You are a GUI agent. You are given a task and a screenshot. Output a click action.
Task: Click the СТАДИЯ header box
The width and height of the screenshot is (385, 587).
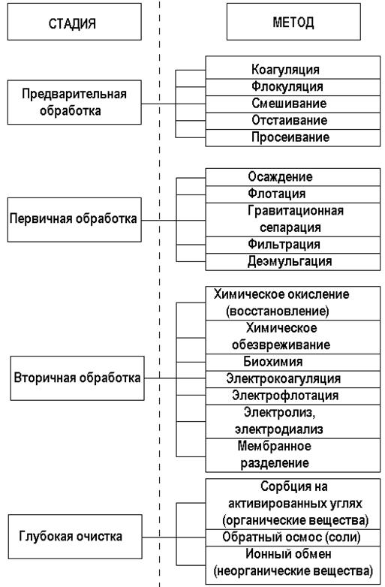coord(74,22)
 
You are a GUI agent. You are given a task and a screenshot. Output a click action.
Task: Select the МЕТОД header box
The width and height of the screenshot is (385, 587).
coord(293,22)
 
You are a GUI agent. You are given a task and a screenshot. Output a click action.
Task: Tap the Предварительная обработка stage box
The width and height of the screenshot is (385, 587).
coord(74,102)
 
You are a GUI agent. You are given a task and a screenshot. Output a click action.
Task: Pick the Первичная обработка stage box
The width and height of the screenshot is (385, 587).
coord(74,220)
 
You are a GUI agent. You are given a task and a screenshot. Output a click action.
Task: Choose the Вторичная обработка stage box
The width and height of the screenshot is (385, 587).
coord(77,378)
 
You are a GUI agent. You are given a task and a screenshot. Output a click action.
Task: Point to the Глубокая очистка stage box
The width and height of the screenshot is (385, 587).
coord(75,537)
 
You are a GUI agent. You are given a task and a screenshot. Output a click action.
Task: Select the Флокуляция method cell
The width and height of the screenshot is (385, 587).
coord(293,87)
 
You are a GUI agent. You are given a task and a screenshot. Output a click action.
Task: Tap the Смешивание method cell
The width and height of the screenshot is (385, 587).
coord(293,104)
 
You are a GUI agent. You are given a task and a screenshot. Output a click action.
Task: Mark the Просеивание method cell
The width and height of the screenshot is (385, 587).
coord(293,138)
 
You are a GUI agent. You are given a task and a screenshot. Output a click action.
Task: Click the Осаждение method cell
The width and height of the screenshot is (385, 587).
coord(293,177)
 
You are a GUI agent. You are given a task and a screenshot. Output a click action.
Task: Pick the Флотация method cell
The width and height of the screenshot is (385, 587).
coord(293,194)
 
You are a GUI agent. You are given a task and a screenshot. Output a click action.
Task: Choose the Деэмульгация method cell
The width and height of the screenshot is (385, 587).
coord(293,262)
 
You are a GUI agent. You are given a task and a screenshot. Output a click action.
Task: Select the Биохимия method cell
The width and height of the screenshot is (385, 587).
coord(293,363)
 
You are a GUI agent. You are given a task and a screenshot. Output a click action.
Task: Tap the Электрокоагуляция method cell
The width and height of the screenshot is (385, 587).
coord(293,380)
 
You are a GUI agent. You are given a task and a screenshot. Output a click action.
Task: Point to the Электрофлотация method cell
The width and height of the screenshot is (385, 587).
coord(293,396)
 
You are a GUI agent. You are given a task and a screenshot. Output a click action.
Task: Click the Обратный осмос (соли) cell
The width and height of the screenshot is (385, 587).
coord(293,537)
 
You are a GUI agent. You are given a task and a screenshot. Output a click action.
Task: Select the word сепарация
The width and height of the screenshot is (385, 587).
coord(290,228)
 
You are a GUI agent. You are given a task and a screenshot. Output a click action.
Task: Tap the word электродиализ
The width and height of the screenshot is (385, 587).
coord(278,430)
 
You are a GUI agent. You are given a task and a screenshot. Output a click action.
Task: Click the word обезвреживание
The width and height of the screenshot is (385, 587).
coord(281,345)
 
